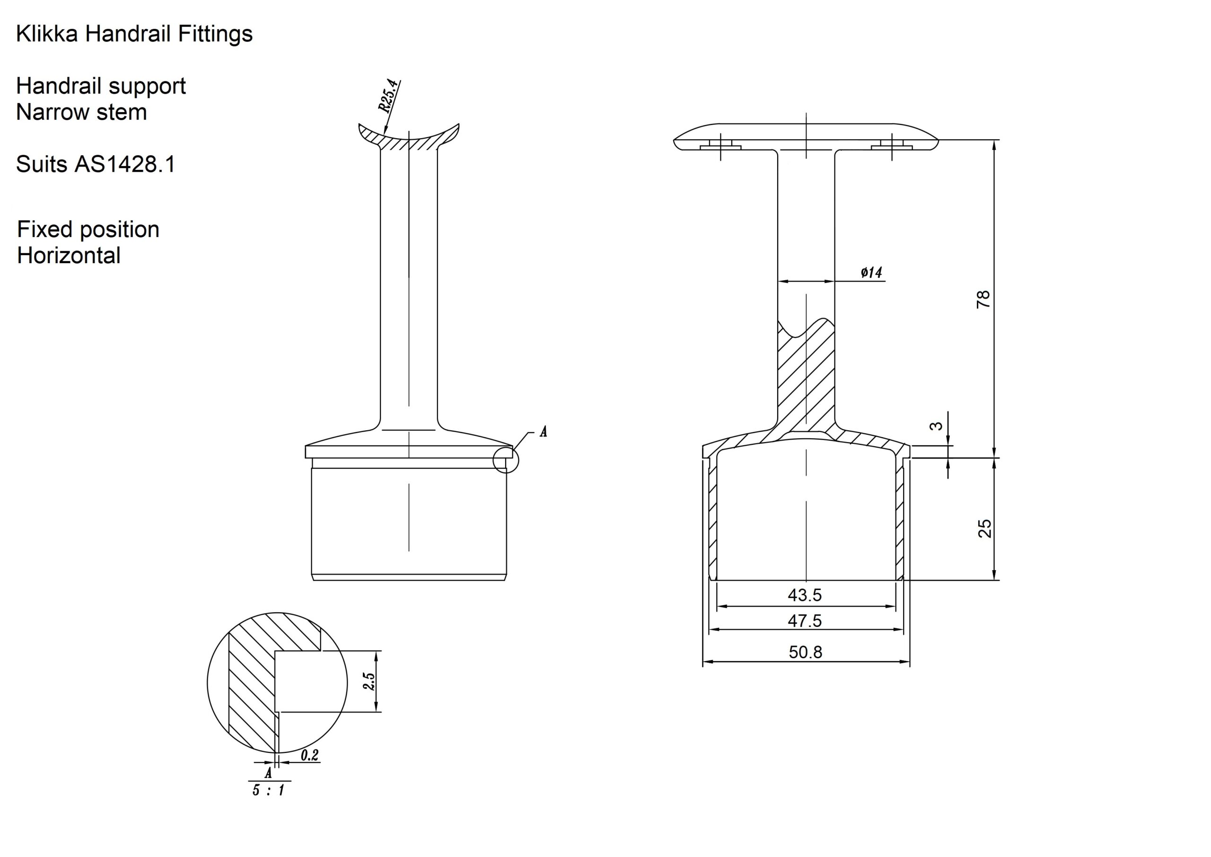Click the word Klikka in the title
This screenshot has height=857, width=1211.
[47, 34]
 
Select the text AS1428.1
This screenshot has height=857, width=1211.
[124, 164]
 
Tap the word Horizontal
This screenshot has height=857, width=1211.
[69, 256]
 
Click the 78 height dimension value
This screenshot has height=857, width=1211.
[983, 299]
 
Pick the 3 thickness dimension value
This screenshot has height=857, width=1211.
[936, 426]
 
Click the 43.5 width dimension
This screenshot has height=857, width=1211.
[804, 595]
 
